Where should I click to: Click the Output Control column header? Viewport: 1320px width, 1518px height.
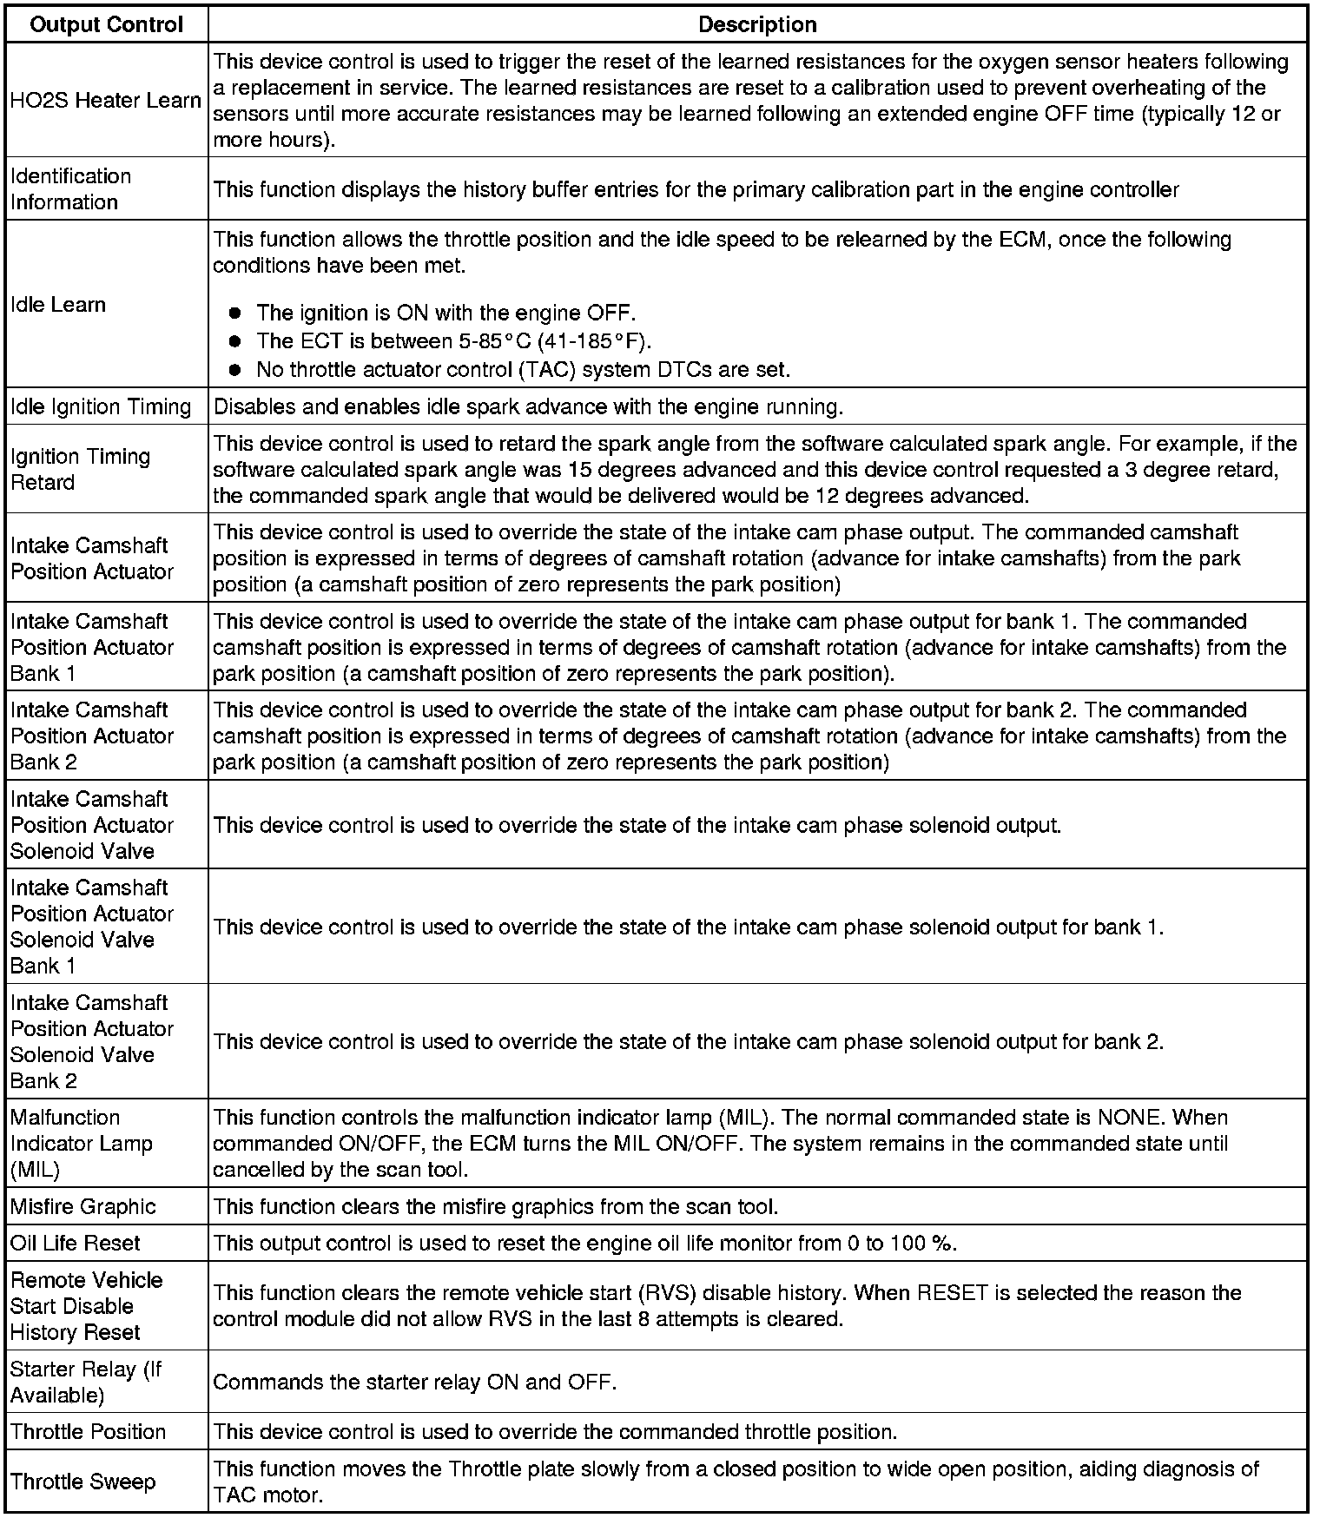click(106, 24)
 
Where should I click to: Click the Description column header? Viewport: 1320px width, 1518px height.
click(757, 24)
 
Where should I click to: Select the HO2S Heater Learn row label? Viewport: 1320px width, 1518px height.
click(106, 101)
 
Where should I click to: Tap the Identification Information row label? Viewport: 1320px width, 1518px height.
click(71, 189)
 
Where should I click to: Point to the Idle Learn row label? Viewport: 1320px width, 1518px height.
click(58, 305)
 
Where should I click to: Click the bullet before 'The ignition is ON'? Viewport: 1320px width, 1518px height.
click(234, 313)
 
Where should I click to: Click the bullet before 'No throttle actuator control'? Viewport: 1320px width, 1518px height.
click(234, 370)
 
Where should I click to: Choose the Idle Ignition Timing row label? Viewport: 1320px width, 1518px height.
click(101, 406)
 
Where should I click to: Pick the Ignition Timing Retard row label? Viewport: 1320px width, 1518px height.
click(81, 469)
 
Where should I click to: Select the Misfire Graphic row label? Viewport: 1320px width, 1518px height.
click(83, 1206)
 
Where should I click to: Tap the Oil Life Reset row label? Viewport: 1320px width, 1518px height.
click(76, 1243)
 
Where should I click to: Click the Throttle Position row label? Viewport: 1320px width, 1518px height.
click(89, 1431)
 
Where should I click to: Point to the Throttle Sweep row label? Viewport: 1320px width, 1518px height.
click(83, 1482)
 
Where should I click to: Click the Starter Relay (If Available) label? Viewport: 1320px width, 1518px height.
click(86, 1382)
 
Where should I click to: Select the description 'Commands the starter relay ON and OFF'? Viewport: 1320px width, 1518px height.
click(414, 1382)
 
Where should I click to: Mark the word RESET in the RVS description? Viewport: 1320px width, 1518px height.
click(953, 1293)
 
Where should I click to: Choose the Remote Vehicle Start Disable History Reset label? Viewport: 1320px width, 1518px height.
click(87, 1306)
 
